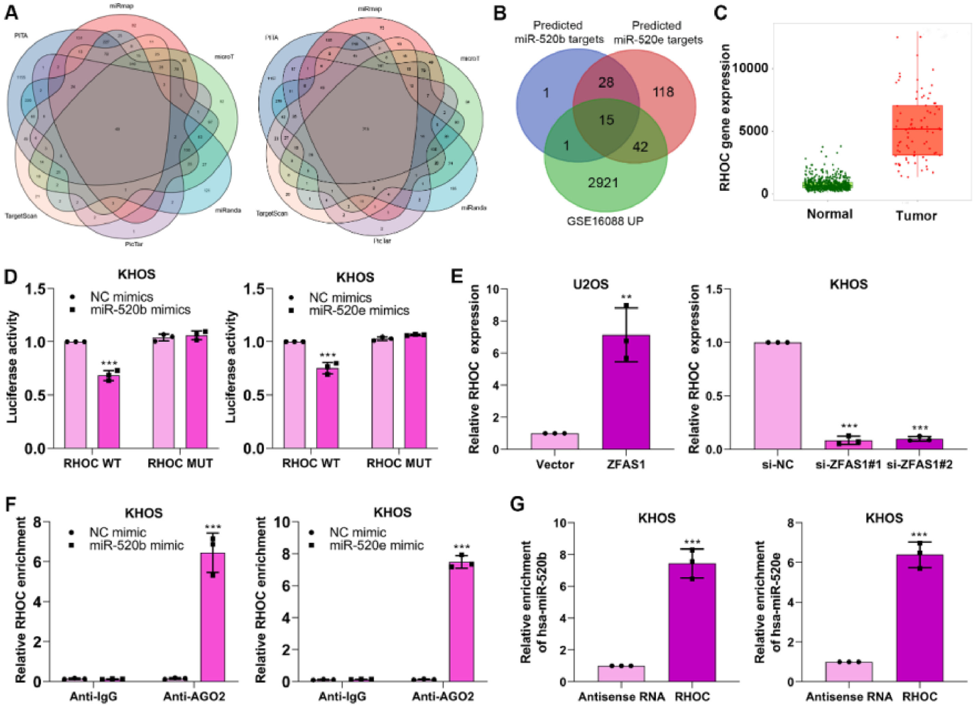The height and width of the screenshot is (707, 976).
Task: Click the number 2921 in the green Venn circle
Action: click(x=603, y=183)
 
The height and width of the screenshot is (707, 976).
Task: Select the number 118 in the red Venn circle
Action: click(x=663, y=92)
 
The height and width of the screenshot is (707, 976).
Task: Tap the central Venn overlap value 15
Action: click(x=606, y=120)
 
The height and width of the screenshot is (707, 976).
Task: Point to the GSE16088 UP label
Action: click(x=605, y=222)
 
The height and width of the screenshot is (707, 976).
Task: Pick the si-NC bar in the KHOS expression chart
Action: click(x=777, y=396)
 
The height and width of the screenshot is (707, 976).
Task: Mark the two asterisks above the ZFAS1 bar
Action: click(x=626, y=297)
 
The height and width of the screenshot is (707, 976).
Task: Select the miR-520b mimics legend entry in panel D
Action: click(x=140, y=310)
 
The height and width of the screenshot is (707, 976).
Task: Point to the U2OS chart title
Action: click(x=590, y=284)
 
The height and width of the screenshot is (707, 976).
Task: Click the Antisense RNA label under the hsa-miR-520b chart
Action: click(x=621, y=697)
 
